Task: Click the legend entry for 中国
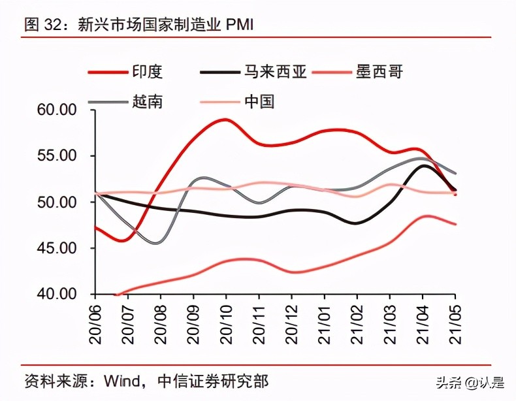point(259,101)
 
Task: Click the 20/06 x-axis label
point(96,320)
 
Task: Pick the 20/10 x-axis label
point(227,320)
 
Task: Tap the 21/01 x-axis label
point(325,320)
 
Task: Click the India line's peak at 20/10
point(225,120)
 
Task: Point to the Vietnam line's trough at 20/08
point(159,243)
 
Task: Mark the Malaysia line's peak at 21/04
point(424,165)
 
